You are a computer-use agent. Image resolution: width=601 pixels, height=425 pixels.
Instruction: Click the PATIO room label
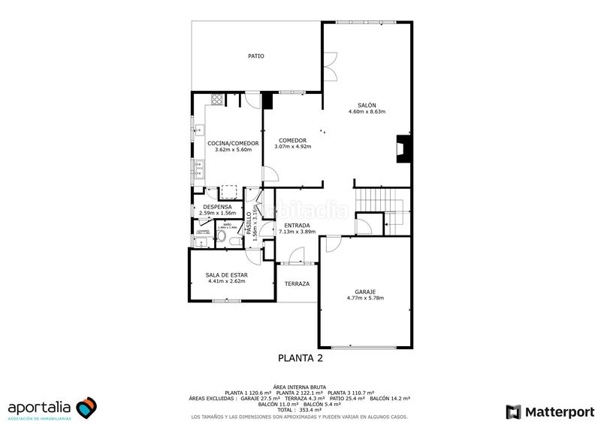click(256, 56)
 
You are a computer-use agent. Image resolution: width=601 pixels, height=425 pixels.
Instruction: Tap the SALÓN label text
click(367, 105)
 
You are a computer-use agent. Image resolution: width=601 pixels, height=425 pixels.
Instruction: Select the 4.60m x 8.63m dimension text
click(367, 112)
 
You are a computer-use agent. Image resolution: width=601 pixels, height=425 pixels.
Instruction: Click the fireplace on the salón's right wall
click(403, 148)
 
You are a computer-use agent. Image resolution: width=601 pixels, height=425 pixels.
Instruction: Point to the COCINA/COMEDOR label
click(233, 143)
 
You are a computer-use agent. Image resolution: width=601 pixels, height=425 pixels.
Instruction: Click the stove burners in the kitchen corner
click(217, 99)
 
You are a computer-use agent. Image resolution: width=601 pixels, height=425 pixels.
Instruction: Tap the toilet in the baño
click(221, 238)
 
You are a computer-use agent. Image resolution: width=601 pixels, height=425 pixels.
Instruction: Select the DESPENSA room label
click(217, 207)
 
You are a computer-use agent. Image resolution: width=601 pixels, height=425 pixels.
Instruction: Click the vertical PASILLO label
click(249, 223)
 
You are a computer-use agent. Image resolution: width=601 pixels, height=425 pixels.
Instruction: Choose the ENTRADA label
click(297, 225)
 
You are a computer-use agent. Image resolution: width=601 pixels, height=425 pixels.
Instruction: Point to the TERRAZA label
click(297, 284)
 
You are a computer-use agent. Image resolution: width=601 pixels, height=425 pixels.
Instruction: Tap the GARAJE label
click(365, 292)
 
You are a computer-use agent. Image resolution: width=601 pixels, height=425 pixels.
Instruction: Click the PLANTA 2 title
click(300, 358)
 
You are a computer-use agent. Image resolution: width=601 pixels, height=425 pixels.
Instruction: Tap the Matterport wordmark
click(560, 411)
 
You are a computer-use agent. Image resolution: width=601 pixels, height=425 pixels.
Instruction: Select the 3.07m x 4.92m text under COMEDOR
click(292, 147)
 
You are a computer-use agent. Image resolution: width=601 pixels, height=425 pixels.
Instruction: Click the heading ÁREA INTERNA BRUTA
click(300, 386)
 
